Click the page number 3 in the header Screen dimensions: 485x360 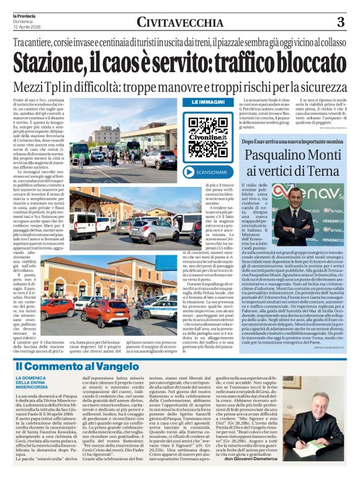340,22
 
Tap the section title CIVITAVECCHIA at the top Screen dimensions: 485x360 179,22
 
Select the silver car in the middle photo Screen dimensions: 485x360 153,231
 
